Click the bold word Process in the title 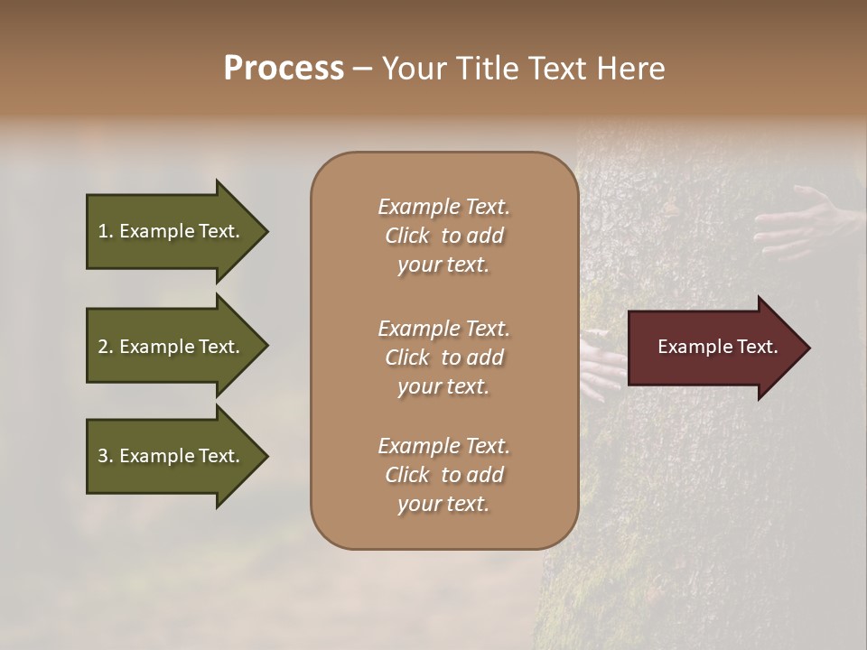tap(284, 69)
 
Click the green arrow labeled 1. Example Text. tap(172, 231)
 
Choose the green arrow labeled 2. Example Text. tap(172, 347)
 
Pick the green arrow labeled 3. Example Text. tap(172, 456)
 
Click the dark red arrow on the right tap(713, 348)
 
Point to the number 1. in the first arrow tap(106, 231)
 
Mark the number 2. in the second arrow tap(106, 347)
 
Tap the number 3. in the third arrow tap(106, 456)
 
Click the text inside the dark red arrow tap(717, 347)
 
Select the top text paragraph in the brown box tap(443, 236)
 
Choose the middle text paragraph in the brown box tap(443, 357)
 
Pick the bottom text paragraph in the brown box tap(443, 475)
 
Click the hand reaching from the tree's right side tap(799, 221)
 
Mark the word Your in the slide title tap(411, 69)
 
